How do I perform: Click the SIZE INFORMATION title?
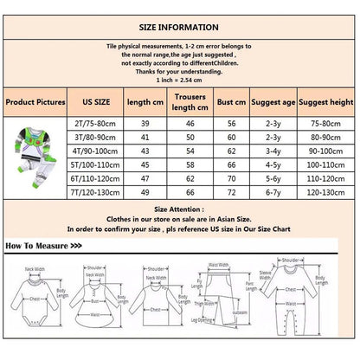[179, 20]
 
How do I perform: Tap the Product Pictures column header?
[35, 102]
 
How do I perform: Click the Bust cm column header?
[231, 102]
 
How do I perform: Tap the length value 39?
[143, 124]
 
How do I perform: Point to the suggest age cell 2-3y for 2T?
[276, 124]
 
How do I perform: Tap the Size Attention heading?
[179, 209]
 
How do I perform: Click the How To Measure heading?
[43, 246]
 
